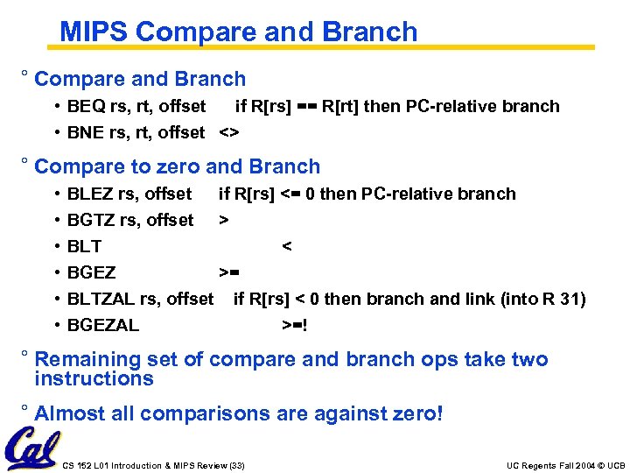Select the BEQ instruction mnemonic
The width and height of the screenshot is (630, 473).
pos(87,107)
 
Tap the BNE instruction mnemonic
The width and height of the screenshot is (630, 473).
pos(87,133)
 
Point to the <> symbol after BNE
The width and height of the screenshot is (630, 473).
pos(229,133)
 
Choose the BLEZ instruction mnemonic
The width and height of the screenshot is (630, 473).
pos(90,194)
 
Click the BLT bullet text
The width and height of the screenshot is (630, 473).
pos(84,247)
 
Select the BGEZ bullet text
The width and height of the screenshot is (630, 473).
pos(91,273)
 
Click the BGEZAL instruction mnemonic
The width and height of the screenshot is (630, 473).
pos(103,326)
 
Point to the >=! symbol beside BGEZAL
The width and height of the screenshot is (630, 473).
pos(294,326)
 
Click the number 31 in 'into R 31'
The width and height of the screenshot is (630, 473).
pos(573,300)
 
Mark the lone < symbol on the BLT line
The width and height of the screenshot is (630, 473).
pos(286,247)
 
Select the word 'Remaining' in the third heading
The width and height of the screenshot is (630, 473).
pos(87,359)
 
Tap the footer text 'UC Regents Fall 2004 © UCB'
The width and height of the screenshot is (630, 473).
pos(566,465)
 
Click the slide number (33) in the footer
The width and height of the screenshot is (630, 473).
pos(234,465)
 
